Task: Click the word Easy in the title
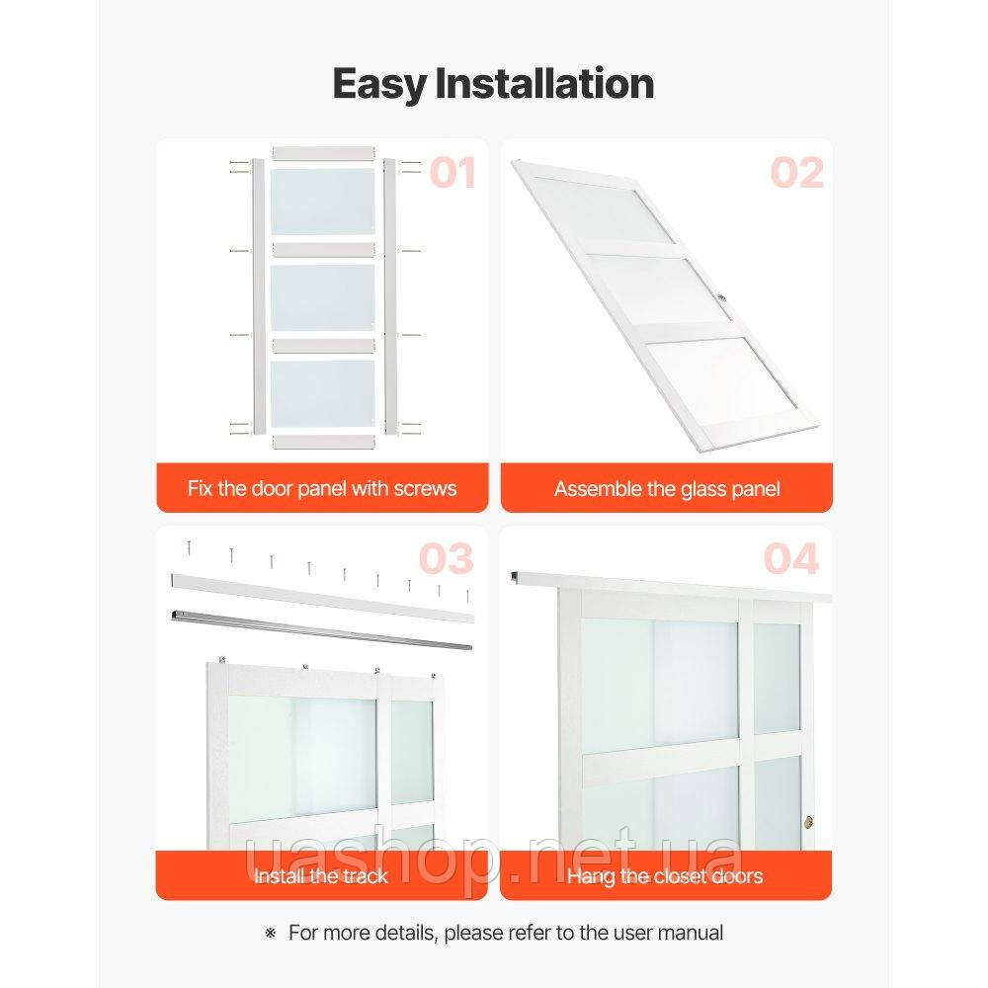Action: click(379, 84)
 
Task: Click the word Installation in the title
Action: click(544, 83)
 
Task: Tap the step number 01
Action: click(453, 173)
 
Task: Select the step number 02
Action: click(797, 173)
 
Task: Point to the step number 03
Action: click(447, 559)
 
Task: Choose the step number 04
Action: click(790, 559)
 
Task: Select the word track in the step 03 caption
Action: click(363, 875)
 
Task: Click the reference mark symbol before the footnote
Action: click(271, 934)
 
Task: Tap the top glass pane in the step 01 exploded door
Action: click(323, 202)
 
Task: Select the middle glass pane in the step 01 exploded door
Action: click(323, 297)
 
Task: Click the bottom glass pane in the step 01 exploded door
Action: click(323, 393)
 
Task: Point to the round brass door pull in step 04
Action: click(808, 822)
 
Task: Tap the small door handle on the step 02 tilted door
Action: click(721, 296)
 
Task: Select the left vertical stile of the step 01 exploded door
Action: click(258, 296)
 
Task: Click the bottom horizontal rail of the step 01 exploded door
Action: click(323, 441)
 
